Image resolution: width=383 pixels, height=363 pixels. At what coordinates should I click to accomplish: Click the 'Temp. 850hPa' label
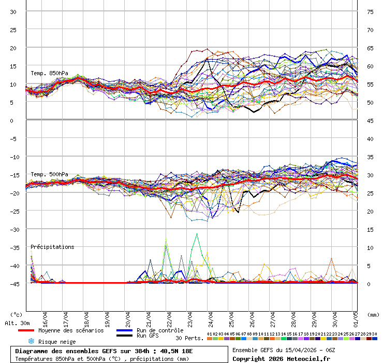49,73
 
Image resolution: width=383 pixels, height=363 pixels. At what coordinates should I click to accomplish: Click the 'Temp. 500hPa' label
49,174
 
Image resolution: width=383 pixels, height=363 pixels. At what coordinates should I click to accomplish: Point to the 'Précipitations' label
52,247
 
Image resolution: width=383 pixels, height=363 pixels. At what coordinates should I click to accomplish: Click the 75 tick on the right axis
370,11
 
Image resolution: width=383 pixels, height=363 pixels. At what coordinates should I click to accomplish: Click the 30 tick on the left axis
13,11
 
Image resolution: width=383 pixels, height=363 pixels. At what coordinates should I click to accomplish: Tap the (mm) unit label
373,314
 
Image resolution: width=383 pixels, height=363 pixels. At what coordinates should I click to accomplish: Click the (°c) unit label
16,314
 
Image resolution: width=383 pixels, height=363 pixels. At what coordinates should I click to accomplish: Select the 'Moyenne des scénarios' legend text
71,330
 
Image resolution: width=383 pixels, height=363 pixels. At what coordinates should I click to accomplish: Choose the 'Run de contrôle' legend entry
160,330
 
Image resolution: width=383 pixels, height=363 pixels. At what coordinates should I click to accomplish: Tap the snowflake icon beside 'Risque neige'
31,341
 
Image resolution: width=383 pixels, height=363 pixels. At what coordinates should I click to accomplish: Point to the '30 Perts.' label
189,338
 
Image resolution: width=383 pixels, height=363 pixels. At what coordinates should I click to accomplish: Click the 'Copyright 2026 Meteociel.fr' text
281,358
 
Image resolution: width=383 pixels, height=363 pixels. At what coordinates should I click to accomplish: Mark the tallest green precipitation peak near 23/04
197,234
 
